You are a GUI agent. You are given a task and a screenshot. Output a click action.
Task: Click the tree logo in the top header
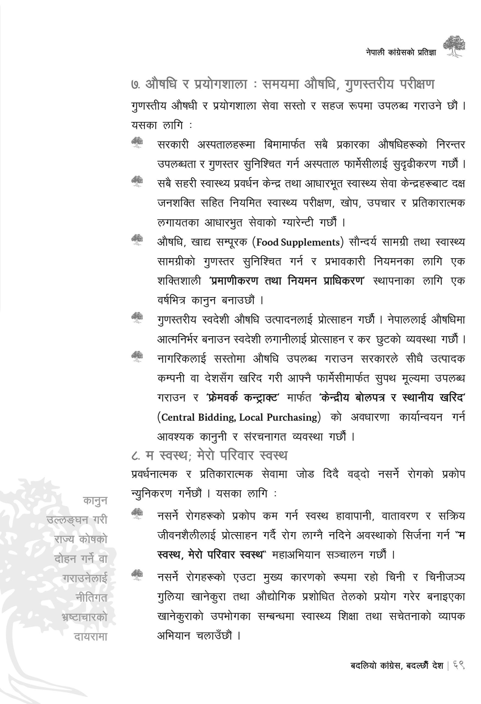pyautogui.click(x=454, y=46)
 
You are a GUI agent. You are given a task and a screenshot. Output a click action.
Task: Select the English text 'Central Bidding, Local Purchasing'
pyautogui.click(x=239, y=417)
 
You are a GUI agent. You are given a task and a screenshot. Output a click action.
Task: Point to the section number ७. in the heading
pyautogui.click(x=135, y=85)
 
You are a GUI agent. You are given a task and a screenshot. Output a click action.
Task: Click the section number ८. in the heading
pyautogui.click(x=136, y=456)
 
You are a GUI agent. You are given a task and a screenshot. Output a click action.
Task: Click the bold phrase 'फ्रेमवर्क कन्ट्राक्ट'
pyautogui.click(x=242, y=397)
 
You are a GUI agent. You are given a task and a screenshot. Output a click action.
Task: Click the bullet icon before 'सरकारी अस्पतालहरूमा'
pyautogui.click(x=137, y=143)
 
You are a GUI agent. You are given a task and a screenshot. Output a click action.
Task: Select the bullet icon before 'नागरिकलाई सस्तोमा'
pyautogui.click(x=137, y=357)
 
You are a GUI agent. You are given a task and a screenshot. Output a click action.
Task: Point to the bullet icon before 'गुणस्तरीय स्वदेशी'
pyautogui.click(x=137, y=318)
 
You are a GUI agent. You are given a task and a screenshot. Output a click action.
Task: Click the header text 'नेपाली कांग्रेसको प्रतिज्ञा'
pyautogui.click(x=401, y=53)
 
